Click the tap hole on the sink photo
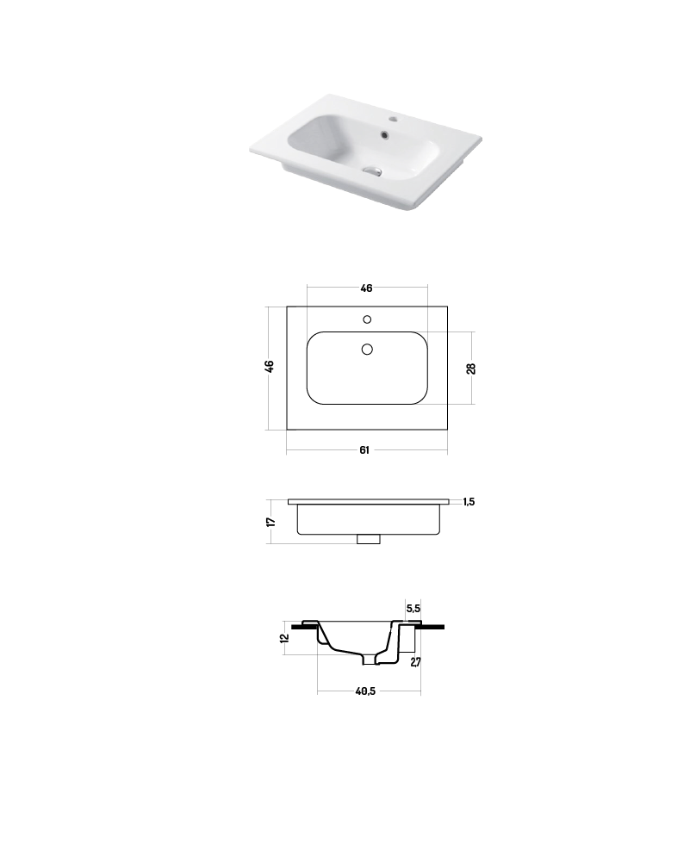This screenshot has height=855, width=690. (393, 119)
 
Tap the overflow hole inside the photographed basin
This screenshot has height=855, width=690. (384, 133)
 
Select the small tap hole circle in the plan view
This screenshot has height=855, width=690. (367, 319)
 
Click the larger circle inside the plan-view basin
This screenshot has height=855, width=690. (367, 349)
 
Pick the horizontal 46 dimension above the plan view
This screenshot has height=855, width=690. (367, 288)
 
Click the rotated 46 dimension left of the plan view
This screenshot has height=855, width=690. (270, 367)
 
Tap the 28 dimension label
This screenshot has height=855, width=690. (471, 369)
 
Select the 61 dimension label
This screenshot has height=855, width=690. (364, 449)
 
